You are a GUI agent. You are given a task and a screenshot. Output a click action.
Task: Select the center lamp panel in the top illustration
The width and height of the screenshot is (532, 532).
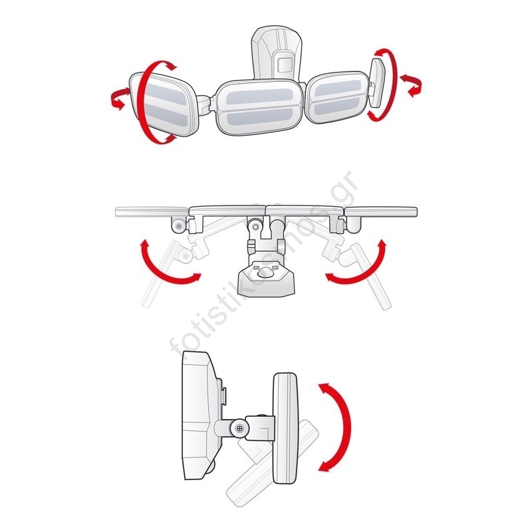click(x=259, y=106)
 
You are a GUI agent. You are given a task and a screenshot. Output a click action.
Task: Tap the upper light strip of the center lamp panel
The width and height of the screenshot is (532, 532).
click(x=259, y=96)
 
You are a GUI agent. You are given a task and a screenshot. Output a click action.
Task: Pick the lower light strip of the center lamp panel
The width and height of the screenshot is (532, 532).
click(x=260, y=118)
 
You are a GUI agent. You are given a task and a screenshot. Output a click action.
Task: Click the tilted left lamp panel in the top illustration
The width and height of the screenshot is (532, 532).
click(x=164, y=104)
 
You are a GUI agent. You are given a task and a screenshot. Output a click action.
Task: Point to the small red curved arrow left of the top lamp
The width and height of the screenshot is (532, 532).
click(x=117, y=98)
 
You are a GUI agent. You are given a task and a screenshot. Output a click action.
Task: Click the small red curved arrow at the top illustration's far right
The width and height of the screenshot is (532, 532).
click(x=412, y=86)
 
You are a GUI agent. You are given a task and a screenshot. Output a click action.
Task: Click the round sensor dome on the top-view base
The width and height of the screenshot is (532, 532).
click(x=265, y=272)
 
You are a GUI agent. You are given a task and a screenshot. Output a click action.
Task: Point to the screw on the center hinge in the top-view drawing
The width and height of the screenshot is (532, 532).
click(x=255, y=225)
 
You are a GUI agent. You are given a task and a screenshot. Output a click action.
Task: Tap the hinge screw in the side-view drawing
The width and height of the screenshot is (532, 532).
click(x=240, y=428)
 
